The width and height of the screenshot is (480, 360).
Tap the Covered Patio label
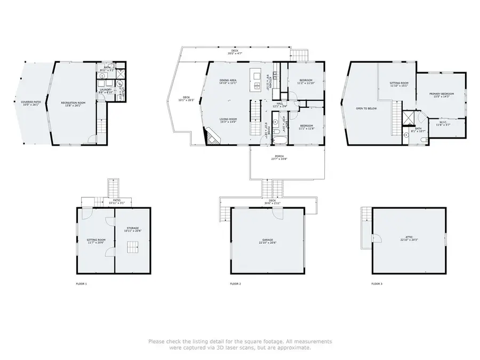tap(31, 103)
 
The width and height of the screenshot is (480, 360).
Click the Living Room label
tap(228, 120)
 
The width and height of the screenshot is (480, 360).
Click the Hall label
tap(279, 105)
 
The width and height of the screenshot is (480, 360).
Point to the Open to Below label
tap(366, 108)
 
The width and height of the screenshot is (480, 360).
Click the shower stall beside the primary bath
tap(409, 118)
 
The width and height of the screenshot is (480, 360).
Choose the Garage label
tap(268, 241)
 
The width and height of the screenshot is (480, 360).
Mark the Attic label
tap(408, 239)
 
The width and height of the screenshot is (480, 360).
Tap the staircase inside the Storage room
tap(132, 247)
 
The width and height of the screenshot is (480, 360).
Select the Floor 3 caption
tap(377, 284)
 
